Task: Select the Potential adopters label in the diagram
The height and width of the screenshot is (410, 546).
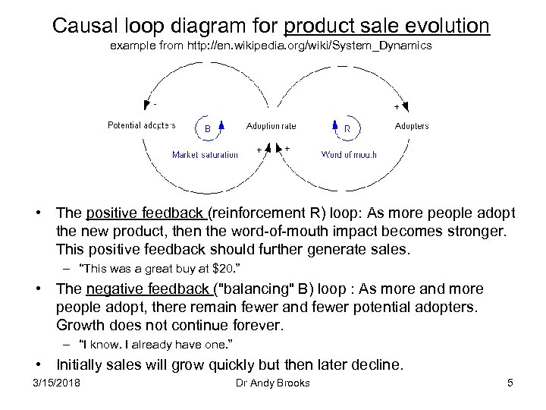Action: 141,125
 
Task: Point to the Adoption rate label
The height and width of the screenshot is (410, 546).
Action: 271,125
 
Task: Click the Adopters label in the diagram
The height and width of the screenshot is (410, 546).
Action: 412,126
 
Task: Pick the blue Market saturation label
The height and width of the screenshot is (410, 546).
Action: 205,155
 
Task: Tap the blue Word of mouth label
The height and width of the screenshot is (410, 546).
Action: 349,155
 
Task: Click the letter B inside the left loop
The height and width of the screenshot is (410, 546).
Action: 208,129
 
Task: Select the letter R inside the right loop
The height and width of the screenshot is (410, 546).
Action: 347,129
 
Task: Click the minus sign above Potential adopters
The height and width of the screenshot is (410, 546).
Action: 155,105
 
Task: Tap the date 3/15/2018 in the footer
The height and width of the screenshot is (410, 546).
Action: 56,383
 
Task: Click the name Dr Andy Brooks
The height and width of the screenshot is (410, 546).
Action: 273,383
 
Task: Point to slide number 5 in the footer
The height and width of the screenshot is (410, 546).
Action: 510,383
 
